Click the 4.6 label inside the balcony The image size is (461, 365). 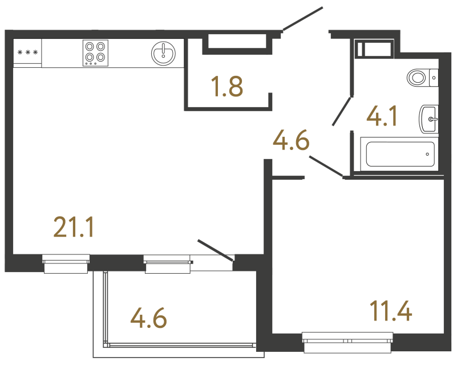pyautogui.click(x=149, y=318)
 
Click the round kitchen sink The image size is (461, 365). pyautogui.click(x=163, y=53)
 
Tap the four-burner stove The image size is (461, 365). pyautogui.click(x=95, y=52)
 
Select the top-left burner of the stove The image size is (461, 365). pyautogui.click(x=90, y=47)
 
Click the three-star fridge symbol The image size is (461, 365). pyautogui.click(x=27, y=53)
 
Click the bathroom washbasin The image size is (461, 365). pyautogui.click(x=428, y=119)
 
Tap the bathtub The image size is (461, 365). pyautogui.click(x=399, y=154)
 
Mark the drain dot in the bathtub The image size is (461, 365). pyautogui.click(x=428, y=154)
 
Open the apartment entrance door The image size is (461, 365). pyautogui.click(x=303, y=19)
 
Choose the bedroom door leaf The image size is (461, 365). pyautogui.click(x=326, y=165)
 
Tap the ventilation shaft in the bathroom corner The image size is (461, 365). pyautogui.click(x=374, y=48)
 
